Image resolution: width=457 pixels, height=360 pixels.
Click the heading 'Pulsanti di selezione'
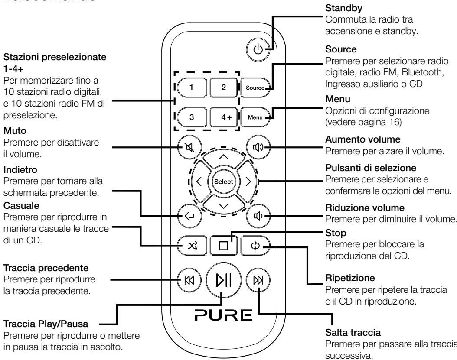coord(361,167)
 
